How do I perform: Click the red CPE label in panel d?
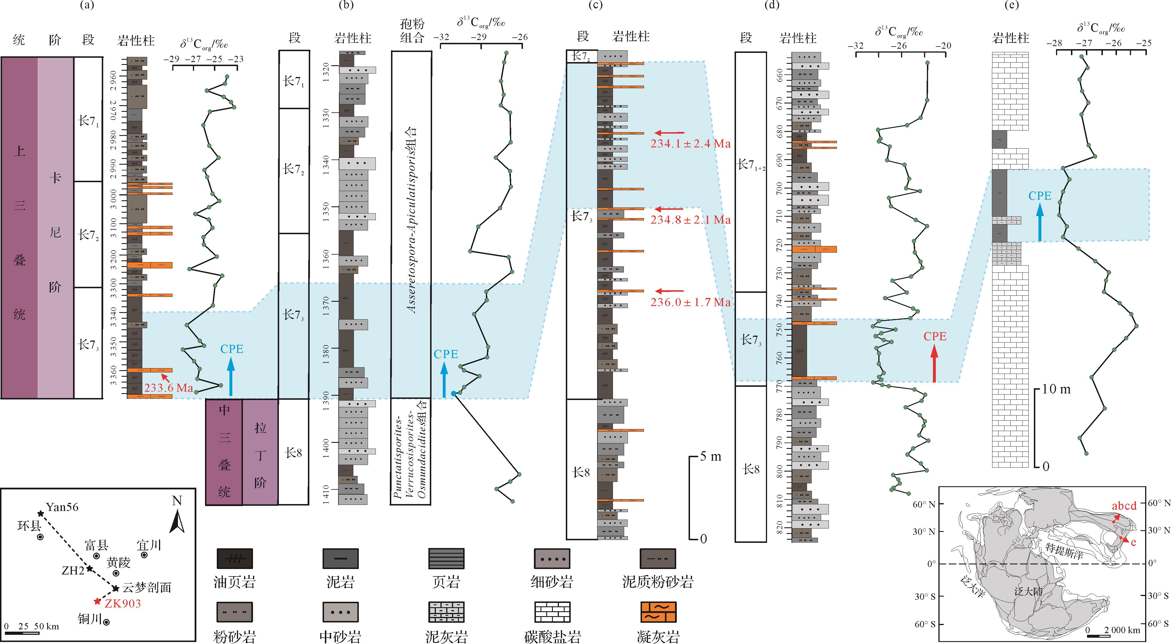(935, 337)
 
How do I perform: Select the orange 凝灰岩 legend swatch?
(658, 612)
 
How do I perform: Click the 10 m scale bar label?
(1056, 389)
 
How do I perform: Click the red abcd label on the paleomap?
(1124, 506)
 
